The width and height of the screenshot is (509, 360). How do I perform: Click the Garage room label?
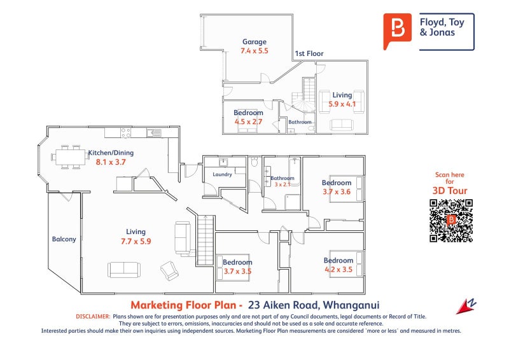[x=254, y=42]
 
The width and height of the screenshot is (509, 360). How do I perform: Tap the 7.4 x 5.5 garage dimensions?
[x=254, y=51]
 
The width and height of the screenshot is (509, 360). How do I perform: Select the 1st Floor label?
[x=309, y=53]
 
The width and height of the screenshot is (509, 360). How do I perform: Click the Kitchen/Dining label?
[x=111, y=153]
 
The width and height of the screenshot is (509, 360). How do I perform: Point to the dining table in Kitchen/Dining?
[x=71, y=157]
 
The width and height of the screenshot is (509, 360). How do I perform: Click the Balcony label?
[x=64, y=239]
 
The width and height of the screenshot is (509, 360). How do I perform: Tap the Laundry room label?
[x=222, y=174]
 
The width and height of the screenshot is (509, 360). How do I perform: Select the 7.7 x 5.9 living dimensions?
[x=136, y=241]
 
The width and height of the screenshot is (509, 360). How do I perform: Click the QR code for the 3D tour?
[x=451, y=221]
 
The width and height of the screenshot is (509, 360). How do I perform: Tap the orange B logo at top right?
[x=397, y=30]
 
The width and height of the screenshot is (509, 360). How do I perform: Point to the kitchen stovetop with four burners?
[x=125, y=133]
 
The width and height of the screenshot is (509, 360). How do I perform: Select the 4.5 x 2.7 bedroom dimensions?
[x=248, y=121]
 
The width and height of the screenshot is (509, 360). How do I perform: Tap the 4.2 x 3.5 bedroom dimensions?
[x=338, y=270]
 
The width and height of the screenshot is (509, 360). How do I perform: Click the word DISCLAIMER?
[x=93, y=317]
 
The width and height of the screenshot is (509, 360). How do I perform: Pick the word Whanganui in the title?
[x=351, y=305]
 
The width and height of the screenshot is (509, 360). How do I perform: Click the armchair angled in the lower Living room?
[x=169, y=270]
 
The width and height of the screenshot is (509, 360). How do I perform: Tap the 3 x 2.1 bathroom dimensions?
[x=282, y=184]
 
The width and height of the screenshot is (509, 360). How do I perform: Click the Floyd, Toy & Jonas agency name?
[x=442, y=27]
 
